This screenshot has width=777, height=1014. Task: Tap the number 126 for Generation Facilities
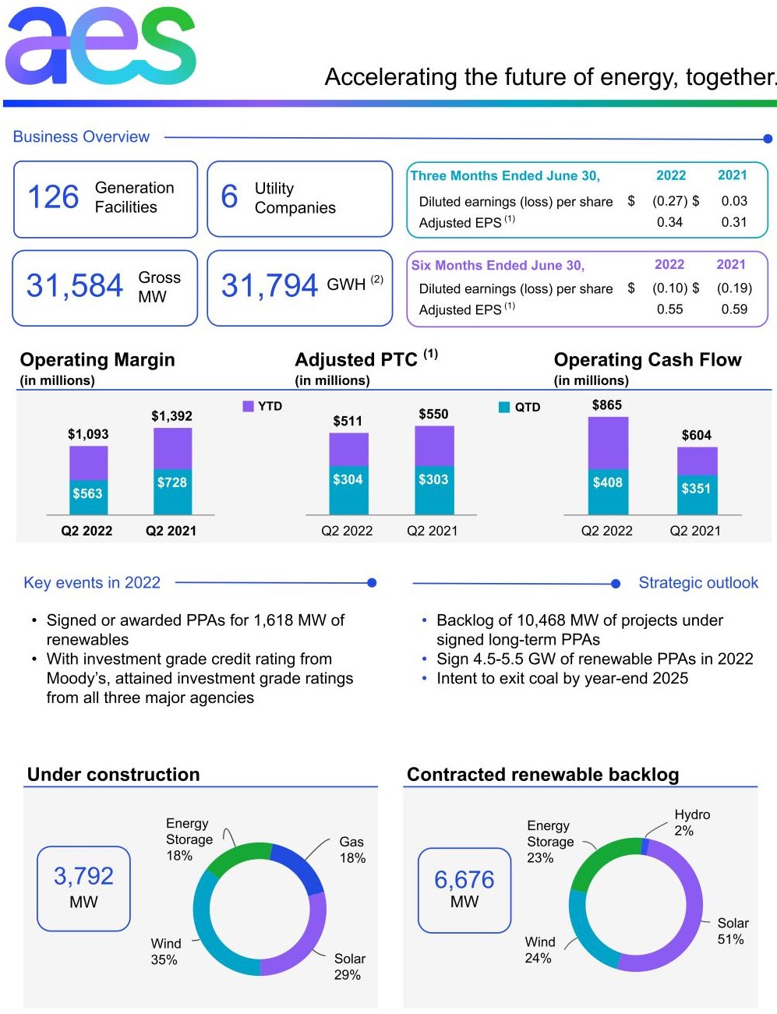click(x=53, y=197)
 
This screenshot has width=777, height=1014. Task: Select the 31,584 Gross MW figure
click(x=75, y=286)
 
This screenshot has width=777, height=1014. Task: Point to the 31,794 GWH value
click(x=270, y=286)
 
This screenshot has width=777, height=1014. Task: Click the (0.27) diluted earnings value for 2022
click(x=669, y=201)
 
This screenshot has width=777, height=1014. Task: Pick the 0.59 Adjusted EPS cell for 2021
click(x=734, y=309)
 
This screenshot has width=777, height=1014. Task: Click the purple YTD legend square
click(x=248, y=406)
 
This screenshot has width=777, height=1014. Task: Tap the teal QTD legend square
click(x=504, y=407)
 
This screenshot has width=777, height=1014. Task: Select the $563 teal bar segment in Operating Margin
click(x=88, y=494)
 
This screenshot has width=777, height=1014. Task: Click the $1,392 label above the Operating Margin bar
click(x=171, y=416)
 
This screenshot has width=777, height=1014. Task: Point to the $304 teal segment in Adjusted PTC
click(x=348, y=480)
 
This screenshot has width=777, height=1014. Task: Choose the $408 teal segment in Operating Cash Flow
click(x=607, y=483)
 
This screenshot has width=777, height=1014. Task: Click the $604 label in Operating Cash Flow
click(x=696, y=436)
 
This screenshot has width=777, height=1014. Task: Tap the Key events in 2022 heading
click(x=92, y=583)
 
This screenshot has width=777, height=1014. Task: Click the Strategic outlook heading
click(x=698, y=583)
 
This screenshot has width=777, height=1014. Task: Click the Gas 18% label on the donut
click(x=351, y=850)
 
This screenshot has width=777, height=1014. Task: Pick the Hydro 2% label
click(x=691, y=822)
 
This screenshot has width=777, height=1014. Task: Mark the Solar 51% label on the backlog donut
click(x=732, y=931)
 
